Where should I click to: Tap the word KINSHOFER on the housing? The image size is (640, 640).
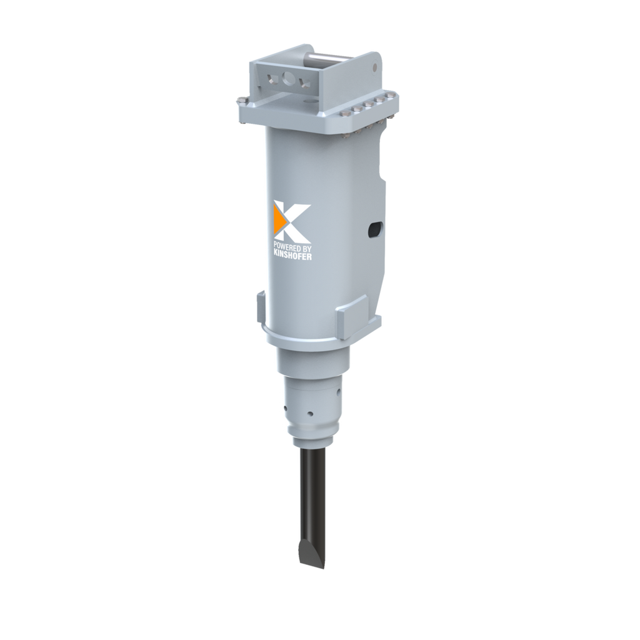292,256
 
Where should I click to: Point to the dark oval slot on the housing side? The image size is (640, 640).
375,229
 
